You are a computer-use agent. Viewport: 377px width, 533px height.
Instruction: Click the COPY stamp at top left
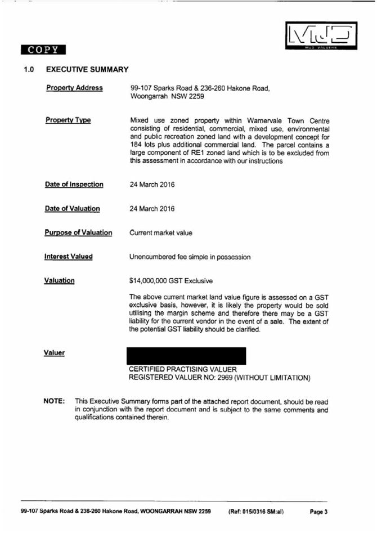tap(43, 50)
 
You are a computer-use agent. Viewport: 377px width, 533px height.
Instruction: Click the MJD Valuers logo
tap(321, 37)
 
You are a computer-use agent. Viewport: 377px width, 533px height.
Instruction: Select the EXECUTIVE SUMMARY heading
tap(87, 70)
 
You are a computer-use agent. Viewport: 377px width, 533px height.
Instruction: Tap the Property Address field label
tap(74, 88)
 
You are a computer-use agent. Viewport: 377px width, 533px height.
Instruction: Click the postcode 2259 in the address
tap(196, 96)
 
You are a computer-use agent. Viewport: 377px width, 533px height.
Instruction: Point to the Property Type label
tap(68, 120)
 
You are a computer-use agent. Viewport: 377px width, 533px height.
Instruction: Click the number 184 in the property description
tap(137, 145)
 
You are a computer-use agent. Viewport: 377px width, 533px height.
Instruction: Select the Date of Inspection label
tap(74, 185)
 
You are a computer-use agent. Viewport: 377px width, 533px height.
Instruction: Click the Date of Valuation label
tap(72, 209)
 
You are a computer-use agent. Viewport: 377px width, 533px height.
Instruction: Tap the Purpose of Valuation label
tap(78, 232)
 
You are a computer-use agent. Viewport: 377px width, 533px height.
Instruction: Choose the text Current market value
tap(160, 232)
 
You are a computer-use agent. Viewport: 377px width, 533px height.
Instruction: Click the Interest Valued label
tap(69, 257)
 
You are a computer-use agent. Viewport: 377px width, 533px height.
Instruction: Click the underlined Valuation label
tap(59, 280)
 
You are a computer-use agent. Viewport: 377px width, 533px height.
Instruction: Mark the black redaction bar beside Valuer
tap(187, 356)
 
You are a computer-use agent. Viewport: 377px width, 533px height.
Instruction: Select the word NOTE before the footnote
tap(54, 402)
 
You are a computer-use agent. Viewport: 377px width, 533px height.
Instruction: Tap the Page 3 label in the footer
tap(318, 512)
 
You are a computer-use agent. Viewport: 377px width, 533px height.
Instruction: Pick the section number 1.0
tap(29, 70)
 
